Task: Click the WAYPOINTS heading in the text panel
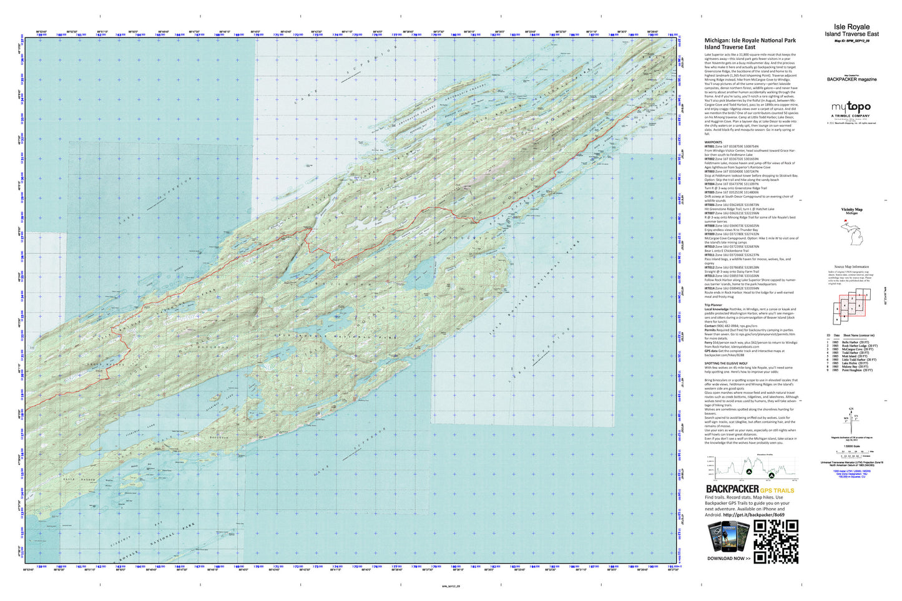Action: pyautogui.click(x=713, y=142)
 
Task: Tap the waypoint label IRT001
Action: pyautogui.click(x=710, y=146)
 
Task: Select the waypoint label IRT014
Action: pyautogui.click(x=710, y=288)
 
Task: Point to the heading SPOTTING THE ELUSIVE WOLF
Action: pyautogui.click(x=731, y=362)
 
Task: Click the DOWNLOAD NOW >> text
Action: pyautogui.click(x=729, y=558)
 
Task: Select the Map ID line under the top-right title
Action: pyautogui.click(x=851, y=40)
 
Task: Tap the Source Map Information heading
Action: pyautogui.click(x=851, y=266)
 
